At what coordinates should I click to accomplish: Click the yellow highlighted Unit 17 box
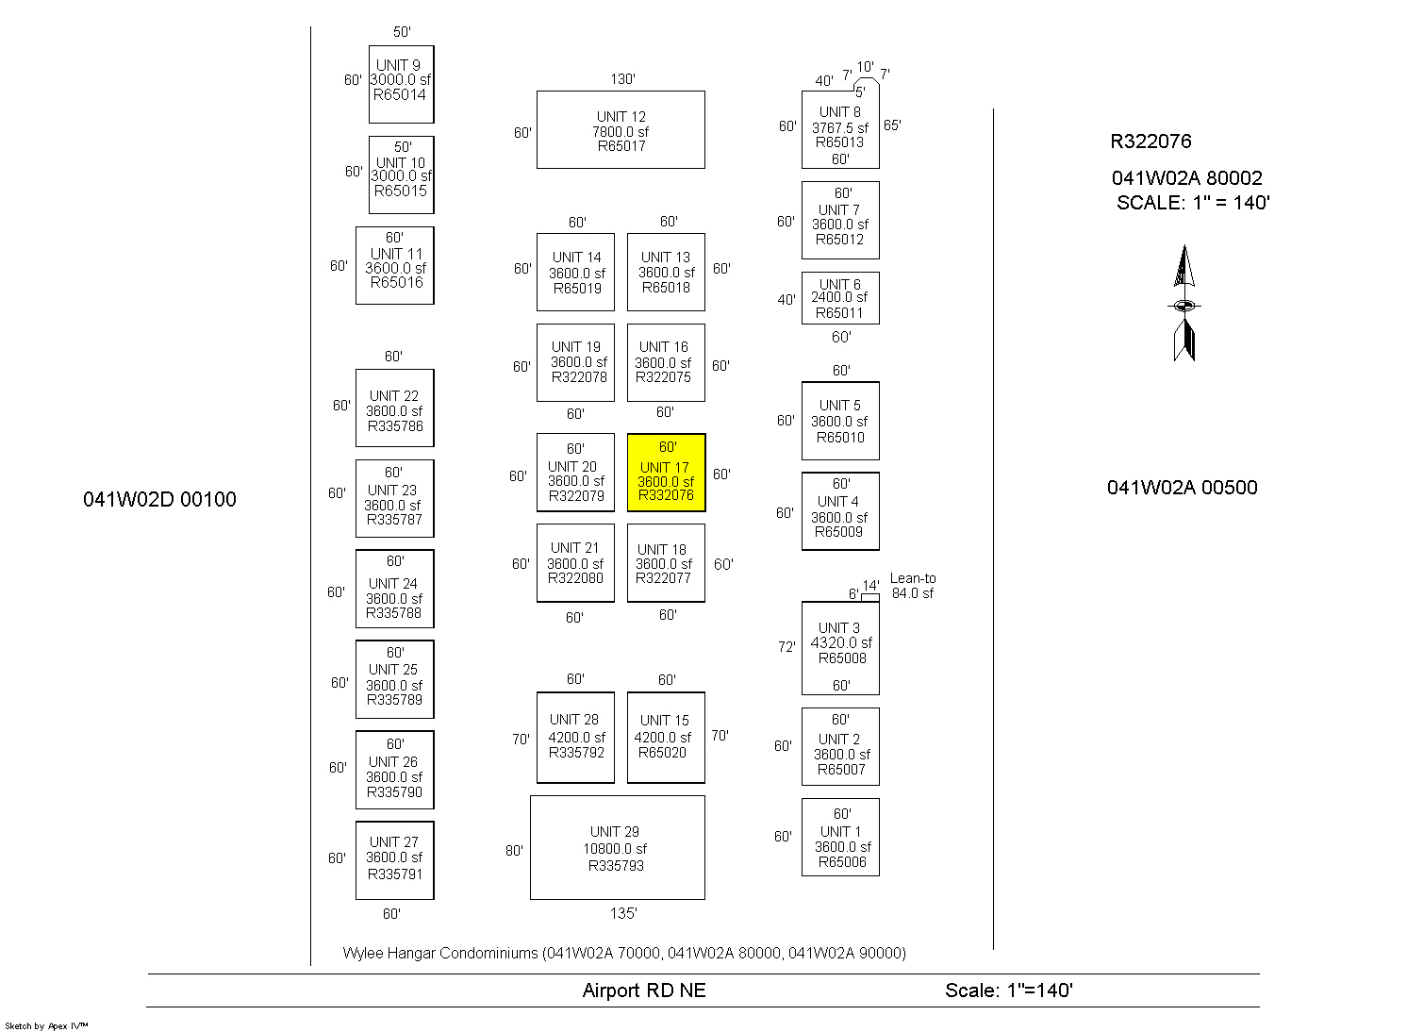coord(666,473)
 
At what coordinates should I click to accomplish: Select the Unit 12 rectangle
coord(621,130)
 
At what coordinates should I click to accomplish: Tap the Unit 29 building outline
coord(617,847)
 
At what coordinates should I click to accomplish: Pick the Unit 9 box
coord(401,84)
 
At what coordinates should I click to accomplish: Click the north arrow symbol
coord(1184,304)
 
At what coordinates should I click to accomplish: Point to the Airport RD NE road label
coord(644,990)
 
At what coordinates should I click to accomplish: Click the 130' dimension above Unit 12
coord(622,79)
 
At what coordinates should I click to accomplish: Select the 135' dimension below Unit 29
coord(622,913)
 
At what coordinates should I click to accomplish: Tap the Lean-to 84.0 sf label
coord(912,586)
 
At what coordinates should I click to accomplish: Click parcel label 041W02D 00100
coord(159,500)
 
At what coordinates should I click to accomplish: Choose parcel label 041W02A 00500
coord(1182,488)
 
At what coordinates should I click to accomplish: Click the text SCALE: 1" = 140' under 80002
coord(1193,203)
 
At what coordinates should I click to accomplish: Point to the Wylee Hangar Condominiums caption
coord(624,953)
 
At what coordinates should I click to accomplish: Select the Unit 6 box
coord(840,298)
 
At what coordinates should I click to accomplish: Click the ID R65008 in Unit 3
coord(842,658)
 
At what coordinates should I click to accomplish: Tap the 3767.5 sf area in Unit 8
coord(840,127)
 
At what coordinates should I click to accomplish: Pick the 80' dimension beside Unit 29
coord(514,851)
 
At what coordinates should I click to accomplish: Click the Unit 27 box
coord(394,859)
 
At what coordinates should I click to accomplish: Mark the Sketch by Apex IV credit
coord(46,1025)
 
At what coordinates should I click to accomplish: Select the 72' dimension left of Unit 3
coord(786,647)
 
